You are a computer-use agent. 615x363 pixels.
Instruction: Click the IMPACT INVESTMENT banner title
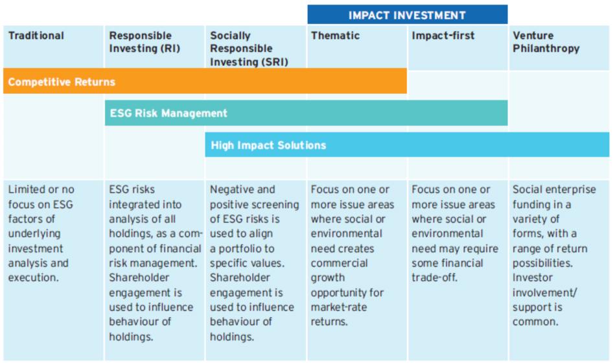pyautogui.click(x=407, y=16)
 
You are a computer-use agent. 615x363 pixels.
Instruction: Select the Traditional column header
pyautogui.click(x=36, y=36)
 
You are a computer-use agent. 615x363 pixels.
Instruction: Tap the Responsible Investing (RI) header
pyautogui.click(x=145, y=42)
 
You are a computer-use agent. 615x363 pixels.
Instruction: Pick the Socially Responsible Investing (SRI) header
pyautogui.click(x=249, y=49)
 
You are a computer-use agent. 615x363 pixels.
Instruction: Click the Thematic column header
pyautogui.click(x=335, y=36)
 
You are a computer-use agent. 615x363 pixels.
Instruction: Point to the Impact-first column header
pyautogui.click(x=443, y=36)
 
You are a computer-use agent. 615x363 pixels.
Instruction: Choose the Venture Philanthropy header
pyautogui.click(x=546, y=42)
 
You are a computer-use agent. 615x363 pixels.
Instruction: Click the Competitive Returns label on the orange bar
pyautogui.click(x=62, y=82)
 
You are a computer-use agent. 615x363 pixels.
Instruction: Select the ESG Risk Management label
pyautogui.click(x=168, y=113)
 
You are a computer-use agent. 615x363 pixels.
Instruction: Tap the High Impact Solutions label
pyautogui.click(x=268, y=145)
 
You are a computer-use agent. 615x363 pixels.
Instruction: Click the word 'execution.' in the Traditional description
pyautogui.click(x=33, y=278)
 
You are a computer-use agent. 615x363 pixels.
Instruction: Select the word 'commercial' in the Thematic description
pyautogui.click(x=340, y=263)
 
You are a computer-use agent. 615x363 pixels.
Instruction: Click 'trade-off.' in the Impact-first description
pyautogui.click(x=435, y=278)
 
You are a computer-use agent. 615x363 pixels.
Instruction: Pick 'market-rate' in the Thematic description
pyautogui.click(x=339, y=307)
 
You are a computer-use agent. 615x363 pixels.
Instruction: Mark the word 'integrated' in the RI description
pyautogui.click(x=145, y=205)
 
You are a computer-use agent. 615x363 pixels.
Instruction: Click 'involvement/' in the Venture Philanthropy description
pyautogui.click(x=545, y=293)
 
